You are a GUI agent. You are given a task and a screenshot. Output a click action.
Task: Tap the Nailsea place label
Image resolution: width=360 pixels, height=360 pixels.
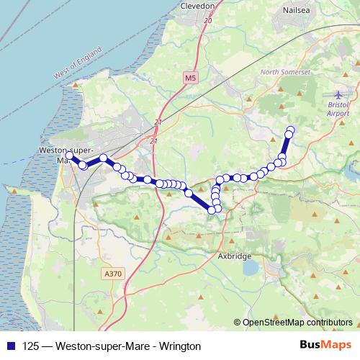(x=296, y=12)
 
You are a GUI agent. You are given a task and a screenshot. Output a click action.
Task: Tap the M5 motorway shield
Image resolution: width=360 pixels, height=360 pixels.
(x=189, y=77)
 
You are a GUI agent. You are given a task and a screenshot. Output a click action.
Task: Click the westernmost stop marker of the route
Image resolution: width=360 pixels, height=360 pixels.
(x=70, y=156)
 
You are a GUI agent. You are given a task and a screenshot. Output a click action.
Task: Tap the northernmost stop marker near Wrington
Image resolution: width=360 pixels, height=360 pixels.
(x=291, y=130)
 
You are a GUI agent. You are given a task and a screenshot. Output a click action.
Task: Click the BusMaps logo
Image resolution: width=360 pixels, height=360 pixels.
(x=328, y=345)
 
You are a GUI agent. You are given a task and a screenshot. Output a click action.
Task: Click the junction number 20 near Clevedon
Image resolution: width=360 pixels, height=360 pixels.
(x=208, y=22)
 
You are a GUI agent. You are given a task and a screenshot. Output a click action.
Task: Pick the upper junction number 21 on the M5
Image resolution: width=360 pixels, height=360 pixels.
(x=157, y=122)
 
